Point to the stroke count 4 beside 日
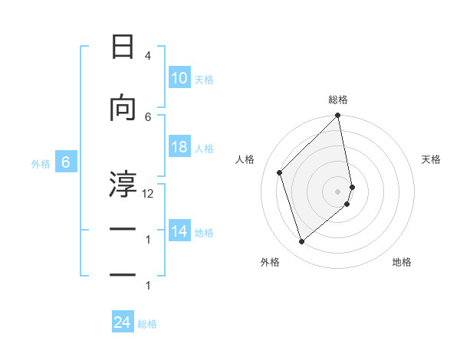(x=147, y=56)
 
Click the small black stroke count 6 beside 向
(x=148, y=116)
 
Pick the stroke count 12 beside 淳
(x=148, y=194)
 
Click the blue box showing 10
(x=179, y=78)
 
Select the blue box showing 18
(x=179, y=147)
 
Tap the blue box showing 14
(x=179, y=231)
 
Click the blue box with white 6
(x=66, y=162)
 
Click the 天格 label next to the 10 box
(x=204, y=80)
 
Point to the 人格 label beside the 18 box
(x=204, y=149)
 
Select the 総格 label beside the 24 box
(x=147, y=324)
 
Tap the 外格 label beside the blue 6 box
(x=41, y=164)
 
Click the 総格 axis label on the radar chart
(x=338, y=100)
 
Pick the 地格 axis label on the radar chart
(x=402, y=262)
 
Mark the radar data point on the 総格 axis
(x=338, y=116)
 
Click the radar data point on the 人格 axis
(x=280, y=172)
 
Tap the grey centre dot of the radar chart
(x=338, y=191)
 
